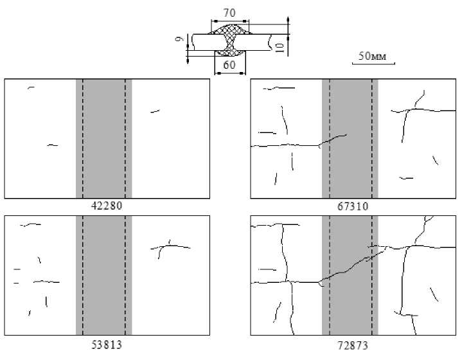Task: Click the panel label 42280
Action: click(107, 206)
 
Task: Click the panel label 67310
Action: click(352, 206)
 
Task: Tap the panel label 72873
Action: click(352, 345)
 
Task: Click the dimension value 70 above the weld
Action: click(229, 12)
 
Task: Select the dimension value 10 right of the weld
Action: click(281, 48)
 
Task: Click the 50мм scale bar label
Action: click(371, 57)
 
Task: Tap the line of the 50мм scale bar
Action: click(373, 64)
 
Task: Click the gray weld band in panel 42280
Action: click(104, 138)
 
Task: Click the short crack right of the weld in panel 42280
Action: click(155, 112)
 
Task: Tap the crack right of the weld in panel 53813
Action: click(171, 246)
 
